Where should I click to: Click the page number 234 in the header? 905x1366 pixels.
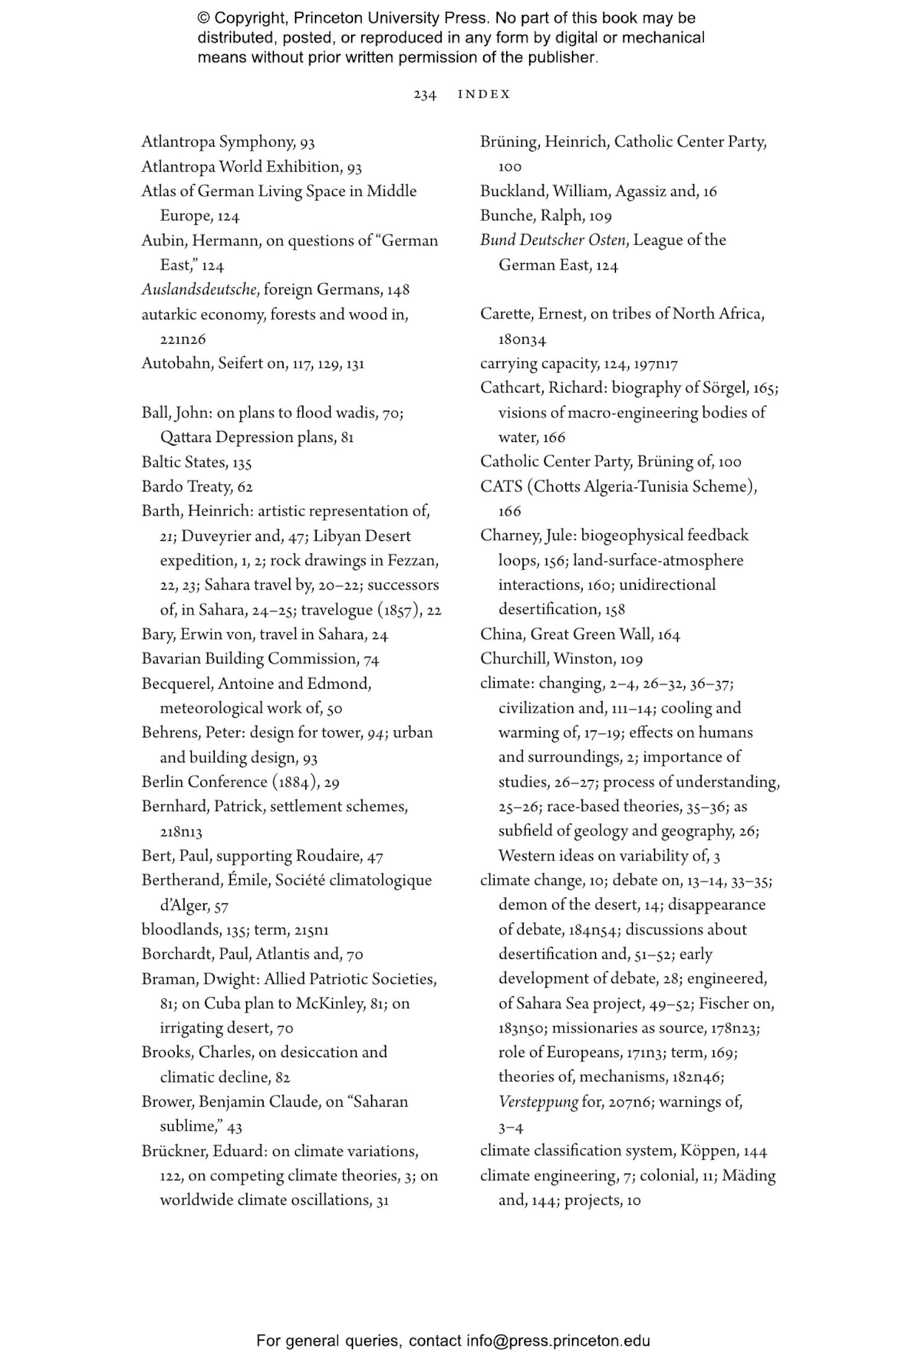tap(425, 95)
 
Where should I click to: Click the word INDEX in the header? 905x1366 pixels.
tap(484, 94)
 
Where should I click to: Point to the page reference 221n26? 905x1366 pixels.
tap(183, 340)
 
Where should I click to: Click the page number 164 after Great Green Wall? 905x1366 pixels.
tap(668, 634)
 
